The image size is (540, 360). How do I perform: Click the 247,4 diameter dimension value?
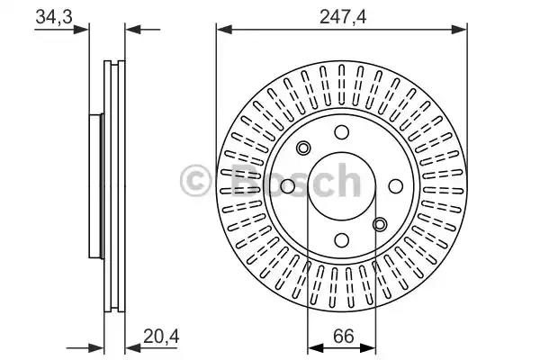point(342,16)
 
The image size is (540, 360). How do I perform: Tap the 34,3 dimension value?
point(54,16)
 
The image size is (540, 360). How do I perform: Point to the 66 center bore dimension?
point(344,337)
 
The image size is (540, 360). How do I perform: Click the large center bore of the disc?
point(342,186)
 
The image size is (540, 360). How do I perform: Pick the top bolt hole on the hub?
point(342,132)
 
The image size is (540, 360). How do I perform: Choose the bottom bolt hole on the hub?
point(342,240)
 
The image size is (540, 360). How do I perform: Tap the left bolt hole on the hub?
point(288,186)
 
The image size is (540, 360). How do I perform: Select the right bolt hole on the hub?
point(396,186)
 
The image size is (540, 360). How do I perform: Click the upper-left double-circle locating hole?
point(303,148)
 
